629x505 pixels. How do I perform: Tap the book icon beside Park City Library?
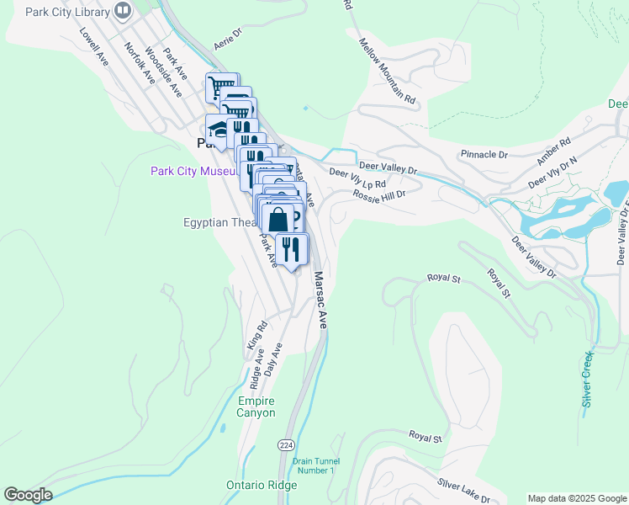[124, 11]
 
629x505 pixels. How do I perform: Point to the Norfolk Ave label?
[140, 63]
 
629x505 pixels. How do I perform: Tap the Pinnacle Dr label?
[484, 155]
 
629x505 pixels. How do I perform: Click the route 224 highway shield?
[286, 443]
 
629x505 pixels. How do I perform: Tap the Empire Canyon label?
[256, 407]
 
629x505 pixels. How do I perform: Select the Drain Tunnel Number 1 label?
[314, 465]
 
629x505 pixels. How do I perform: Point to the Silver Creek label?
[588, 379]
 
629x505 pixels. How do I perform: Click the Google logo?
[28, 495]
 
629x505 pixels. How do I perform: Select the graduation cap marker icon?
[219, 129]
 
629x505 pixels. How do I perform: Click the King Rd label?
[256, 335]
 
